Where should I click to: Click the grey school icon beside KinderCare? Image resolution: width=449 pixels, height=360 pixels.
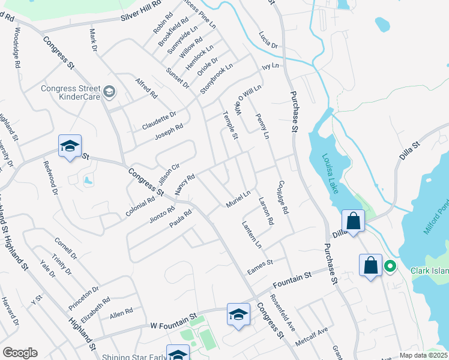tap(109, 92)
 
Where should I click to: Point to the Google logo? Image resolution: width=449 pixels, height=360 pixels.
tap(20, 353)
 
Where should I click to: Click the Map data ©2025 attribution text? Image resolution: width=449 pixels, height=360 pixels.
tap(423, 355)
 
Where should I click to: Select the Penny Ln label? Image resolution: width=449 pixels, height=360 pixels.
tap(262, 124)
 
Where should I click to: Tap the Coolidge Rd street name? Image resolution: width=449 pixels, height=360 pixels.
tap(283, 198)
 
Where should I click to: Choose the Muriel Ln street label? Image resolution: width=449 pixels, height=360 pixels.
tap(238, 200)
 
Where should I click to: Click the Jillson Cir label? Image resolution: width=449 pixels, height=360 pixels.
tap(168, 173)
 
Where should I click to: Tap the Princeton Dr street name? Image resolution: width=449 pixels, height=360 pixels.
tap(83, 298)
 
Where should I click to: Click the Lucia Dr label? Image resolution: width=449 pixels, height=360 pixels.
tap(269, 40)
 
